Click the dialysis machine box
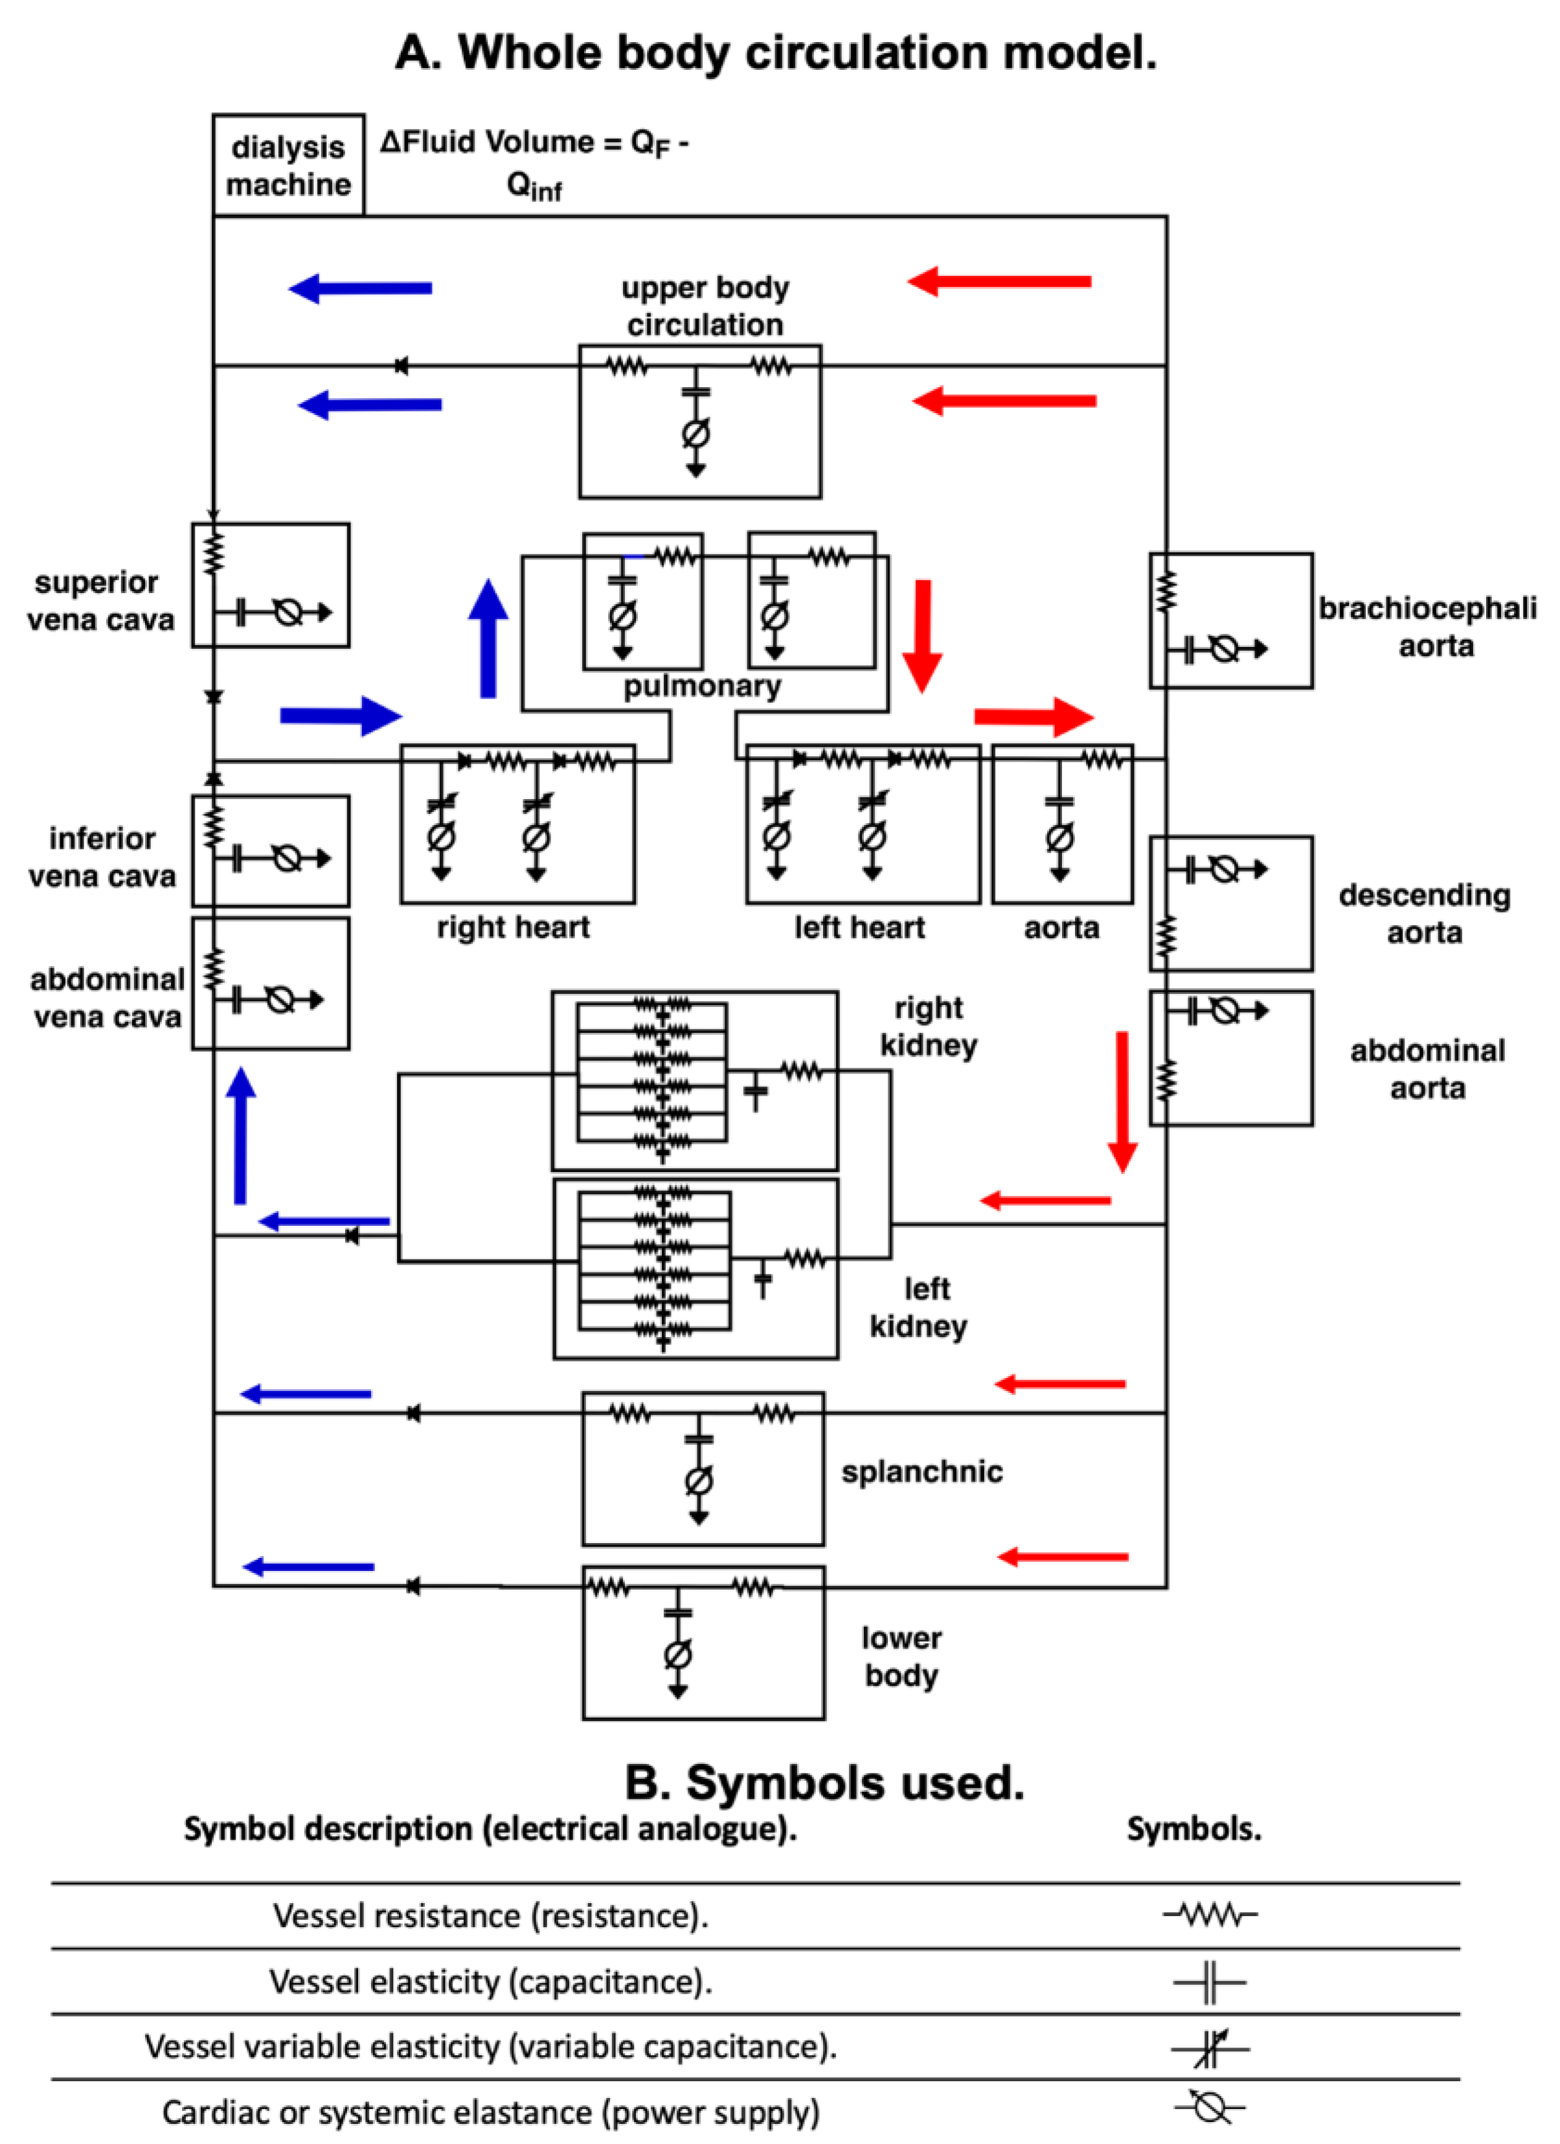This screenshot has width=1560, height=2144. tap(288, 165)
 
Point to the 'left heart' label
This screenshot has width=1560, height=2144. tap(859, 927)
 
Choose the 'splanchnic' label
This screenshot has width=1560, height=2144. tap(922, 1472)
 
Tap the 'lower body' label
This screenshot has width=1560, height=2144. tap(901, 1656)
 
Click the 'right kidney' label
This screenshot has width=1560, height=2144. tap(929, 1026)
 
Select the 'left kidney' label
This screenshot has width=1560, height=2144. tap(919, 1307)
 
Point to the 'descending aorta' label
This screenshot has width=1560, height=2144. tap(1424, 913)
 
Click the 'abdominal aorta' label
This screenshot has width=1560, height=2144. tap(1427, 1069)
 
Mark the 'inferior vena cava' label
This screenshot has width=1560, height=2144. tap(102, 857)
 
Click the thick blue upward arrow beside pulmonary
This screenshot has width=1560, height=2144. tap(488, 639)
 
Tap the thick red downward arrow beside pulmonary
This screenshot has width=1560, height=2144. tap(922, 635)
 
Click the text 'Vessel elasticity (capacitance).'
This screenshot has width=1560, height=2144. tap(491, 1981)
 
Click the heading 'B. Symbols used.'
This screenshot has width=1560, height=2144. tap(824, 1783)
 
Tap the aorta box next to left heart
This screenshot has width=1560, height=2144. tap(1062, 824)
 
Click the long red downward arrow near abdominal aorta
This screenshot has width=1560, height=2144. tap(1122, 1101)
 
